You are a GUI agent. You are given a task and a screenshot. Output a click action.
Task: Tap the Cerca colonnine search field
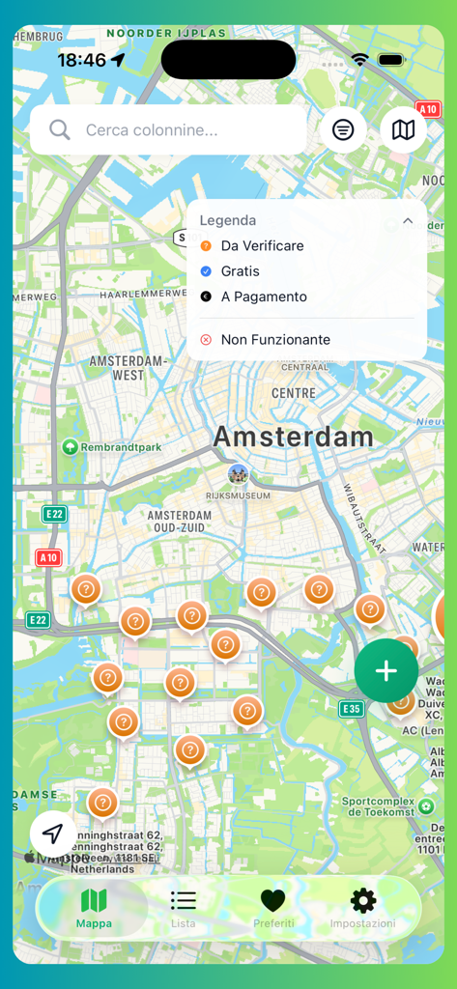pyautogui.click(x=184, y=129)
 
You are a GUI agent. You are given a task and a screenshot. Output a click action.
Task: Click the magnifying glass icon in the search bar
pyautogui.click(x=60, y=129)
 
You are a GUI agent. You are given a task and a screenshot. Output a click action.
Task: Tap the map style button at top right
pyautogui.click(x=403, y=129)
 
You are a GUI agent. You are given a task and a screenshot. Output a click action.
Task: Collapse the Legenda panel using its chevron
pyautogui.click(x=408, y=221)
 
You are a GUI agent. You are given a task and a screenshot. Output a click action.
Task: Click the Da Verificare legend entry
pyautogui.click(x=262, y=246)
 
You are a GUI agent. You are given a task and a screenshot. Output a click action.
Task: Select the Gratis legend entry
pyautogui.click(x=240, y=271)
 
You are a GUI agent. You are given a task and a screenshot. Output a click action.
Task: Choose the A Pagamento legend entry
pyautogui.click(x=264, y=297)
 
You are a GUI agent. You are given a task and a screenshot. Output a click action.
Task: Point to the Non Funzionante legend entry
pyautogui.click(x=275, y=340)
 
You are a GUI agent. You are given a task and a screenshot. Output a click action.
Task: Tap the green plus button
pyautogui.click(x=386, y=670)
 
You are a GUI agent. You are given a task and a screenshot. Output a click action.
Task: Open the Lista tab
pyautogui.click(x=184, y=908)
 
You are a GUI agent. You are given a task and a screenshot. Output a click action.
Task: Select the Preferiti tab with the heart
pyautogui.click(x=273, y=908)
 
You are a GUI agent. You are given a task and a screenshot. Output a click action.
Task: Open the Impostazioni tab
pyautogui.click(x=363, y=908)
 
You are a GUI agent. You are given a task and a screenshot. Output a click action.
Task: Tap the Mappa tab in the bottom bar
pyautogui.click(x=94, y=908)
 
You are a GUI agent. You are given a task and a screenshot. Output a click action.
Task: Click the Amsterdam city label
pyautogui.click(x=293, y=437)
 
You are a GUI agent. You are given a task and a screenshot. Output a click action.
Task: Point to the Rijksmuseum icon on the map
pyautogui.click(x=238, y=474)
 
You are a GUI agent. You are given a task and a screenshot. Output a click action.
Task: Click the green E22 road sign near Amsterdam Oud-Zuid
pyautogui.click(x=54, y=515)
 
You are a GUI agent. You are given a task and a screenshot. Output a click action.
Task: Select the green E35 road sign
pyautogui.click(x=351, y=709)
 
